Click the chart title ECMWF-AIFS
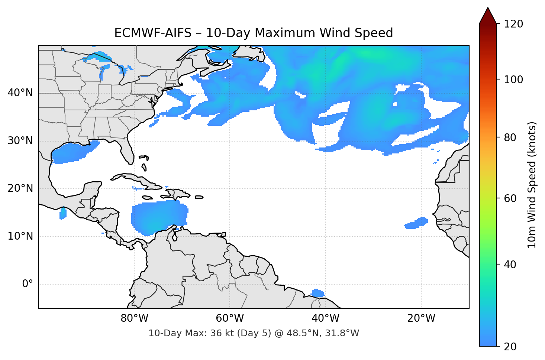254,33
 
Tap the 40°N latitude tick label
20,93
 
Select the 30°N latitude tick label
20,141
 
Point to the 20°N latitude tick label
20,188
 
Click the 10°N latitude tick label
20,236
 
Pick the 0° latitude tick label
28,284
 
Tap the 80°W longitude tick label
134,318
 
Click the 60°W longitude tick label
230,318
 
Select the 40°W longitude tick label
325,318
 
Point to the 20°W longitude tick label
421,318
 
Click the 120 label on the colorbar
513,24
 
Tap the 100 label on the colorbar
513,80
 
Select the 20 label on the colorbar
510,347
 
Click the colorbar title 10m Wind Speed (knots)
532,185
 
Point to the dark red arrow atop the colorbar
488,16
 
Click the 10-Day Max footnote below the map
254,333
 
